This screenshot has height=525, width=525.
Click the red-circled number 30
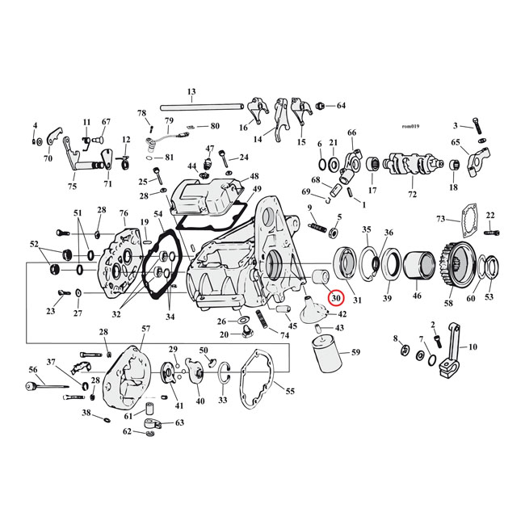(336, 298)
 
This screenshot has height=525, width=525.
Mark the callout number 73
(440, 219)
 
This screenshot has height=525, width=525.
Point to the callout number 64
(340, 106)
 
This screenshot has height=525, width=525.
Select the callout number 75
(72, 187)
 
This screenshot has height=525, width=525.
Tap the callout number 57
(145, 329)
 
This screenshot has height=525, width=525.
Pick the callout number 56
(33, 369)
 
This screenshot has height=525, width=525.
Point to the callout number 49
(257, 190)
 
